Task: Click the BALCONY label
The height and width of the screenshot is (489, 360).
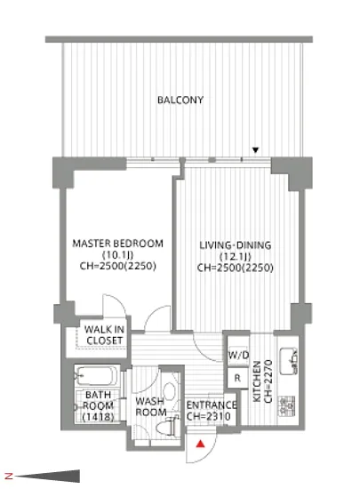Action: point(180,100)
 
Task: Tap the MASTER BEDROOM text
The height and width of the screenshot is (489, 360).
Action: point(118,244)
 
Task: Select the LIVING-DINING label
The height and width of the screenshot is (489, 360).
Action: point(236,245)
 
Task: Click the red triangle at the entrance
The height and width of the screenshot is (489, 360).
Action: point(200,444)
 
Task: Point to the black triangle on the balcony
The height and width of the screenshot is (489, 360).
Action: point(256,150)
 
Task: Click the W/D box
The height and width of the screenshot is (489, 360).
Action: point(238,355)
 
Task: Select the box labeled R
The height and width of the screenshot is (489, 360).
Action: point(237,378)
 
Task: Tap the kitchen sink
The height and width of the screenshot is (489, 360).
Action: point(288,361)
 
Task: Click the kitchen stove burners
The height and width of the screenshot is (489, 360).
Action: point(286,406)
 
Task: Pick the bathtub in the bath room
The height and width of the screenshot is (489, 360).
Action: point(96,376)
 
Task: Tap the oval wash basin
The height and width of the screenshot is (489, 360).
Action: point(169,391)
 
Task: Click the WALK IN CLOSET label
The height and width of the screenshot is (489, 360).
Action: point(104,335)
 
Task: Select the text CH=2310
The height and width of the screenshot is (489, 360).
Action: point(209,416)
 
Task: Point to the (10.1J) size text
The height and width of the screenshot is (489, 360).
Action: point(118,255)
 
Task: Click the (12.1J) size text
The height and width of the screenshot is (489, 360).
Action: point(236,257)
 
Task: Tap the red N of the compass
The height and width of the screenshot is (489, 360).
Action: point(10,476)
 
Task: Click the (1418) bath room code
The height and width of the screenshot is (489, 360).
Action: point(98,417)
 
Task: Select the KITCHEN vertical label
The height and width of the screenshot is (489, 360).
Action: point(257,381)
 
